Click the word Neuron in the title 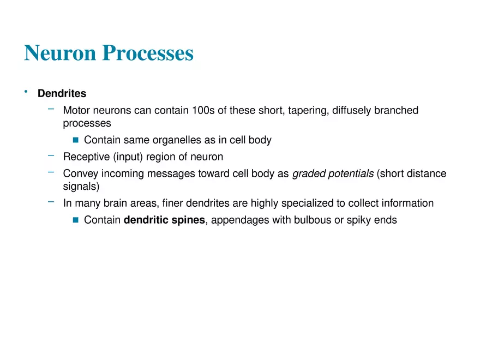point(60,53)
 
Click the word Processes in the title point(148,53)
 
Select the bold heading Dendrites point(62,94)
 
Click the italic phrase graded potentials point(333,174)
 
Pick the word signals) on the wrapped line point(81,187)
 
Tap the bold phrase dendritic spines point(164,220)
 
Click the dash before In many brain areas point(51,201)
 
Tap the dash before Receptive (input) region point(51,155)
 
